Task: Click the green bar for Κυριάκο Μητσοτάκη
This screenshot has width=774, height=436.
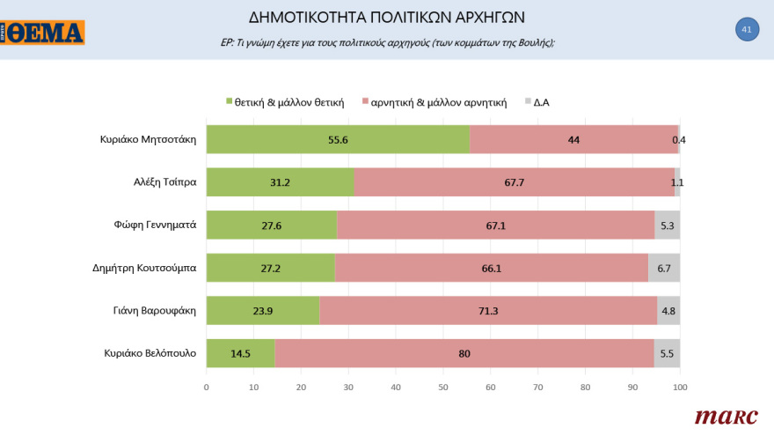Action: [x=338, y=139]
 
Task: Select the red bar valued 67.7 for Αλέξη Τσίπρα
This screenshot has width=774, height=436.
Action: [x=514, y=182]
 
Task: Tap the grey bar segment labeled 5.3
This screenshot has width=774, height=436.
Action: [x=667, y=225]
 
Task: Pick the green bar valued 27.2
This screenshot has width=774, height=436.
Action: [x=270, y=268]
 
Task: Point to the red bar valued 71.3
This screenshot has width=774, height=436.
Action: [x=487, y=311]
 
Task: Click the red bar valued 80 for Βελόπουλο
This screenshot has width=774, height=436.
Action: [x=464, y=354]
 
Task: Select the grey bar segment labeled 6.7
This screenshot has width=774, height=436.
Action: [x=663, y=268]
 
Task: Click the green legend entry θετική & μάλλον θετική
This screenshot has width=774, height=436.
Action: [x=285, y=102]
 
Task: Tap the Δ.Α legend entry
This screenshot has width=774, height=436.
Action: [x=537, y=102]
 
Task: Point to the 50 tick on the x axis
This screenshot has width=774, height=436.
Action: [x=442, y=386]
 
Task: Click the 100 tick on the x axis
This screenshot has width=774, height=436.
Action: [x=679, y=386]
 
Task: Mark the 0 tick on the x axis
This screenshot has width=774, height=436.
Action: [x=206, y=386]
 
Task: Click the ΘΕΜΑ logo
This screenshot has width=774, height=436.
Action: [x=43, y=33]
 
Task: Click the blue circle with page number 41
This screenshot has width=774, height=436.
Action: [x=746, y=30]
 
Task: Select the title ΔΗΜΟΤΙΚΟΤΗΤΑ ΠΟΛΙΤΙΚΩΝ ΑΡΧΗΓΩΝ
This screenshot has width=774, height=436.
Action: [x=387, y=18]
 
